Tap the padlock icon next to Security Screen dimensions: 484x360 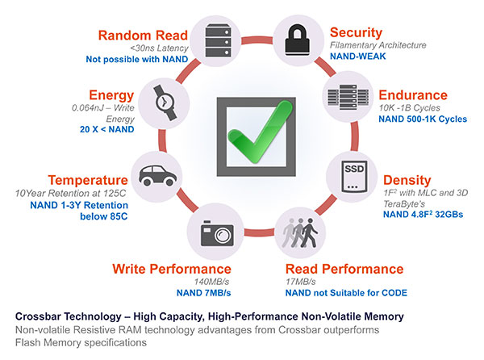297,40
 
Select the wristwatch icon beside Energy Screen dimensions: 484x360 165,103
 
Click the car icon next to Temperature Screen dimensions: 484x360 157,175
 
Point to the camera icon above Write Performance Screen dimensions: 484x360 217,233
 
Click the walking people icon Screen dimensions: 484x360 300,233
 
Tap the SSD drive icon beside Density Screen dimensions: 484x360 354,177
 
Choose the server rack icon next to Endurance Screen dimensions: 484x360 348,97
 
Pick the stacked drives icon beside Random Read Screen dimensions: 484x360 219,40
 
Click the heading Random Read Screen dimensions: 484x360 143,36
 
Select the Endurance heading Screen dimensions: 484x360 413,95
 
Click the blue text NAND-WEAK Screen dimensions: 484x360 357,57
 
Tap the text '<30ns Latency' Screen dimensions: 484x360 159,48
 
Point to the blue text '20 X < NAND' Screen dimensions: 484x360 106,129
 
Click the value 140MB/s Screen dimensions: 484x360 211,282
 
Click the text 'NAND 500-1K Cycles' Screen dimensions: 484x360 423,119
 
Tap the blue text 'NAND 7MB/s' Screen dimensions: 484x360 203,293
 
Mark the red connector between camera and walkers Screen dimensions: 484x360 259,232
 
